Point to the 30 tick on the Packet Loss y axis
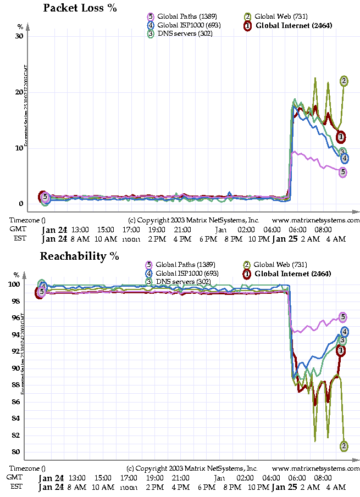(20, 36)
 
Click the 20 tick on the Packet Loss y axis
(20, 92)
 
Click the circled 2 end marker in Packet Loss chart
(344, 81)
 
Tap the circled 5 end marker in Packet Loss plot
(343, 172)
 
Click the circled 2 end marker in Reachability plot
(344, 445)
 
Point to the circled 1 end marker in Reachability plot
(341, 350)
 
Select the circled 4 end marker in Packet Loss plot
(345, 159)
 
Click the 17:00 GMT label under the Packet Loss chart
(131, 230)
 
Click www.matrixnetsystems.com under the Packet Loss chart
(315, 220)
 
